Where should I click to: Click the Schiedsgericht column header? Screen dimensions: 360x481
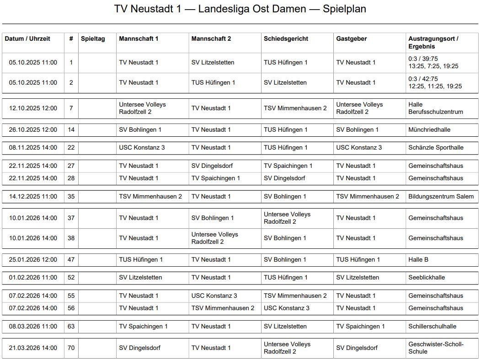(286, 39)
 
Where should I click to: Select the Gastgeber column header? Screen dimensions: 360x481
(351, 39)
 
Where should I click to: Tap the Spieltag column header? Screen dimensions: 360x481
(93, 39)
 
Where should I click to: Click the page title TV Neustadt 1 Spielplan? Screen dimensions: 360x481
(240, 9)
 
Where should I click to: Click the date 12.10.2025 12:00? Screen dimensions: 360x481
(33, 108)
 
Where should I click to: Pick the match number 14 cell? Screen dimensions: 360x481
(71, 130)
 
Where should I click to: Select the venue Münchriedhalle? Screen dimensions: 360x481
(429, 130)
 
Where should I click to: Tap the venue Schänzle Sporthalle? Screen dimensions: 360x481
(436, 148)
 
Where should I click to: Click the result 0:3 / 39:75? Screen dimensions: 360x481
(423, 59)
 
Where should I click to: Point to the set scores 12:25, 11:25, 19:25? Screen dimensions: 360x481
(435, 86)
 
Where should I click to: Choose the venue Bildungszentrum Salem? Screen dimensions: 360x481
(441, 197)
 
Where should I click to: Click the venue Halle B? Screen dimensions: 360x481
(418, 260)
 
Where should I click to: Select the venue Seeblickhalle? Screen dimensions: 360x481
(426, 278)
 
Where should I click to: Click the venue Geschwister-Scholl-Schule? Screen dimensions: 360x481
(436, 348)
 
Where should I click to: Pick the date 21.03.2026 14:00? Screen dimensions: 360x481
(33, 348)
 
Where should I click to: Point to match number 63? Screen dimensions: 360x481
(71, 327)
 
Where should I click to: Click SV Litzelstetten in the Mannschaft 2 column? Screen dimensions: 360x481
(213, 63)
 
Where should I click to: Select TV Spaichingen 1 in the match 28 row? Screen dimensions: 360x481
(215, 178)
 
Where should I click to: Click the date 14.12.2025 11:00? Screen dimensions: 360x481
(33, 197)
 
